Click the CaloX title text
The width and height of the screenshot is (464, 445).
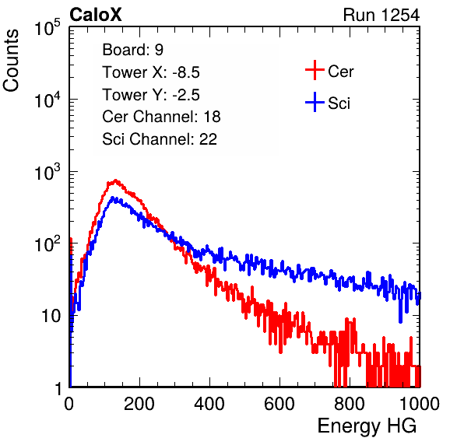(95, 15)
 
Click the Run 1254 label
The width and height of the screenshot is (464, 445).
(381, 15)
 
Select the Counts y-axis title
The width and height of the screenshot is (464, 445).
(11, 61)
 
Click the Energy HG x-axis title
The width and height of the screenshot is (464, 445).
(367, 426)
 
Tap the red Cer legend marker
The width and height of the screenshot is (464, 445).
(315, 70)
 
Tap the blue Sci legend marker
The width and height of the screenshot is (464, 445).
(315, 103)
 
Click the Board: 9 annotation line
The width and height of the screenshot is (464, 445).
(132, 50)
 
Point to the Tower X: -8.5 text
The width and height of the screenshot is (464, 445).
(151, 72)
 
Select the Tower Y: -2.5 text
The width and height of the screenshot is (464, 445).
(151, 95)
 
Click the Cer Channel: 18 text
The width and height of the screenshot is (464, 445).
(161, 117)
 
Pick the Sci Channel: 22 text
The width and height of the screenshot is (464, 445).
(160, 139)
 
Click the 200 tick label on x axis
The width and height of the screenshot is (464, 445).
(139, 404)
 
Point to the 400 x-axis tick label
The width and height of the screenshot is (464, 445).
(209, 404)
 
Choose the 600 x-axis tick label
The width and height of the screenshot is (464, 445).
(279, 404)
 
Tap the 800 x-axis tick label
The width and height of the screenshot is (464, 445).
(350, 404)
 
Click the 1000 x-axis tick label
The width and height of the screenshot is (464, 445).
(420, 404)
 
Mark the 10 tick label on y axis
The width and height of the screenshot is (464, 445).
(51, 316)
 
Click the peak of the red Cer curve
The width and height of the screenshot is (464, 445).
(115, 180)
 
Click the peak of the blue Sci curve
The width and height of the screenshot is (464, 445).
(112, 198)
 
